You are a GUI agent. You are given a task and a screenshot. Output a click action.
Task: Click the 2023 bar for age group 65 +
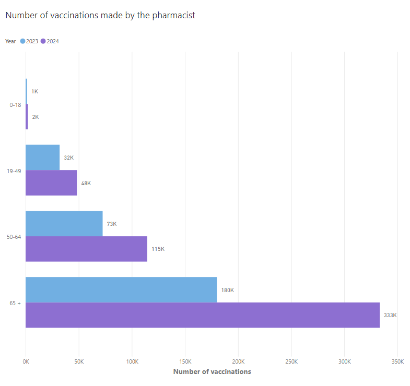click(x=121, y=289)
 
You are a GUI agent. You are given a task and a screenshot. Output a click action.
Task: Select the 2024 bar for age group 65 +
click(x=203, y=315)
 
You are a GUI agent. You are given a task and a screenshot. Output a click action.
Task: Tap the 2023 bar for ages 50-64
click(x=64, y=224)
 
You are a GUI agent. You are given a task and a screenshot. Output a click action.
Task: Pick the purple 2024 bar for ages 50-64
click(x=86, y=249)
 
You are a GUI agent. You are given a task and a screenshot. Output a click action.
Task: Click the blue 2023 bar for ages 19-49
click(x=43, y=158)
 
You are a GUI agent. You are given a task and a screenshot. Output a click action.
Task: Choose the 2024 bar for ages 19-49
click(x=51, y=183)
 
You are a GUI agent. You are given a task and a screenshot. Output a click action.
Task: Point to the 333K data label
click(x=390, y=315)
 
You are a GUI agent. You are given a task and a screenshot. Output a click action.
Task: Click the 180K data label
click(x=228, y=290)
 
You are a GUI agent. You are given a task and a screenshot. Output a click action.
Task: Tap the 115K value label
click(x=158, y=249)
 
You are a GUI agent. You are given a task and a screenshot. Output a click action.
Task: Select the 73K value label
click(x=112, y=224)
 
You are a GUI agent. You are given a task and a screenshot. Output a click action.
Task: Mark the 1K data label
click(x=35, y=91)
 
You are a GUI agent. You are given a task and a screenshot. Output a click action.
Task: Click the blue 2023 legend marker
click(x=23, y=41)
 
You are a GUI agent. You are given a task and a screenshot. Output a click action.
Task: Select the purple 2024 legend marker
click(x=43, y=41)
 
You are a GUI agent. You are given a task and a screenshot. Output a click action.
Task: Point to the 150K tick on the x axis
click(x=185, y=361)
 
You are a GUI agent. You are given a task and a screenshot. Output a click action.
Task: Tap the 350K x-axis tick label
click(x=397, y=361)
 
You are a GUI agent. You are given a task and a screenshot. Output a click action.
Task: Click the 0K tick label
click(x=26, y=361)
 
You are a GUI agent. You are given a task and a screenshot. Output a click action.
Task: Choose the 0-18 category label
click(x=15, y=105)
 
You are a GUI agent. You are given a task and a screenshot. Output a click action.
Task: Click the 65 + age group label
click(x=15, y=303)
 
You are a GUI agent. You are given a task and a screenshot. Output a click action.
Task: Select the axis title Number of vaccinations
click(x=212, y=371)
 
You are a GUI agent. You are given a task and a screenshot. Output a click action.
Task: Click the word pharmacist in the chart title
click(x=173, y=16)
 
